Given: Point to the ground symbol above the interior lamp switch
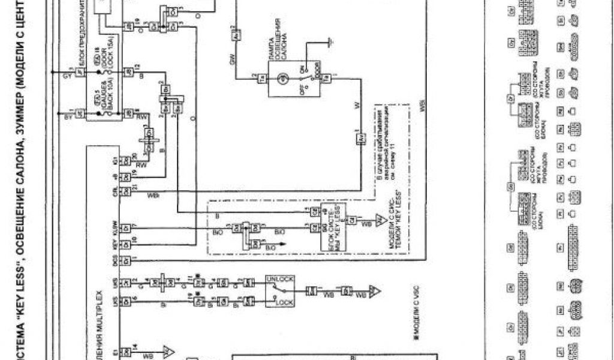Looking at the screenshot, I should tap(327, 42).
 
